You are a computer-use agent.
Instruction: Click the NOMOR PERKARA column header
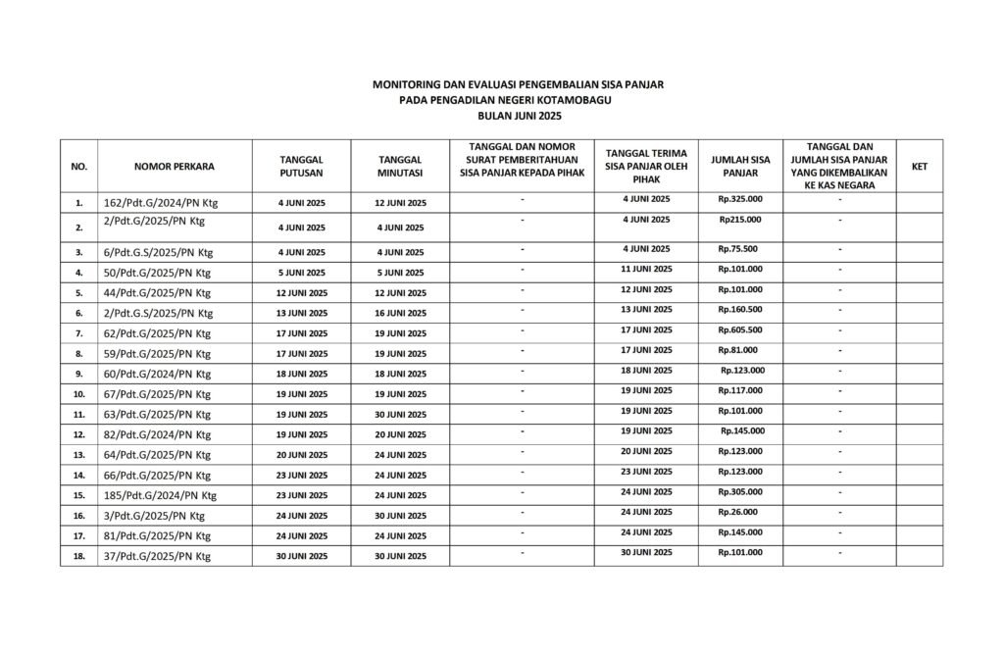175,167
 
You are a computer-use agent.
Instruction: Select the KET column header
919,167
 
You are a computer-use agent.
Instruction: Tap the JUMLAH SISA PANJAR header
740,166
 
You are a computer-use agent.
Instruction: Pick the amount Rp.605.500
740,329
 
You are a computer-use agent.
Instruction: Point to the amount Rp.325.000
740,199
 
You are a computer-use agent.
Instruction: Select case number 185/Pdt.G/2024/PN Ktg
159,495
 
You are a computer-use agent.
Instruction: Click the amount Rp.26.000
737,511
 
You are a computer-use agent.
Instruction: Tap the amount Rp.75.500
737,248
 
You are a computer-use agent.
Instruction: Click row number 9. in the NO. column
79,374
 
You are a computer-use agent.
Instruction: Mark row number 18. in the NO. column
79,557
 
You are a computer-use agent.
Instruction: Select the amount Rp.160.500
740,309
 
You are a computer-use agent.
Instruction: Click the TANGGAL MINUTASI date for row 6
400,313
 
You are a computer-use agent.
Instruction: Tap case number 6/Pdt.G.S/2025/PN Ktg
157,252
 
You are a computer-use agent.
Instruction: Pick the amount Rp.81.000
737,349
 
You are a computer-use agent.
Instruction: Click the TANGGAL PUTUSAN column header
302,166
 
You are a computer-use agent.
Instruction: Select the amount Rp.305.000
740,491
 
